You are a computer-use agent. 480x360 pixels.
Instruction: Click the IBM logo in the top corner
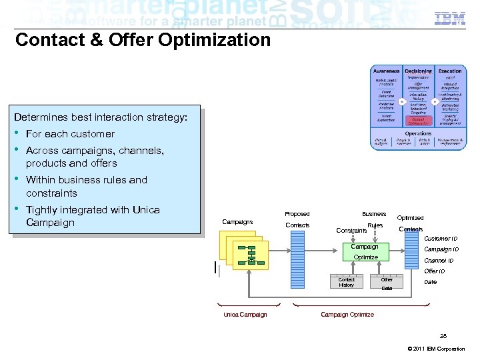click(450, 18)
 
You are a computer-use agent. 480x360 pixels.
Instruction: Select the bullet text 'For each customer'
click(70, 134)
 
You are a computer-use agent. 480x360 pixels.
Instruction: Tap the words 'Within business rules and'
click(87, 180)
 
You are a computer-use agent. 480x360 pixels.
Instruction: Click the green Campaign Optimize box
click(365, 252)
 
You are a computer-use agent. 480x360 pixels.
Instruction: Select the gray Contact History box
click(347, 282)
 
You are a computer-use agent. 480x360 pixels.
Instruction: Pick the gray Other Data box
click(387, 283)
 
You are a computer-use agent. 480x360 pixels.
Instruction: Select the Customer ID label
click(441, 239)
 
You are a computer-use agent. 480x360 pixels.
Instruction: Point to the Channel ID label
click(439, 261)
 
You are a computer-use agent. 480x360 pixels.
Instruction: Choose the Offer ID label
click(435, 271)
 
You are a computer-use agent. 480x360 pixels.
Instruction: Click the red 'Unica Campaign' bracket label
click(245, 315)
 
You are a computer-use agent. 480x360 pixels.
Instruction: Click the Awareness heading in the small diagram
click(386, 71)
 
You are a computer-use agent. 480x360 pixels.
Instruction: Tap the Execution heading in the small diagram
click(450, 71)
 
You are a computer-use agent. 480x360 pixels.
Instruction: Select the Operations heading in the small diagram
click(418, 133)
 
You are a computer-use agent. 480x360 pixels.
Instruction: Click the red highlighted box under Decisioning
click(418, 121)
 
